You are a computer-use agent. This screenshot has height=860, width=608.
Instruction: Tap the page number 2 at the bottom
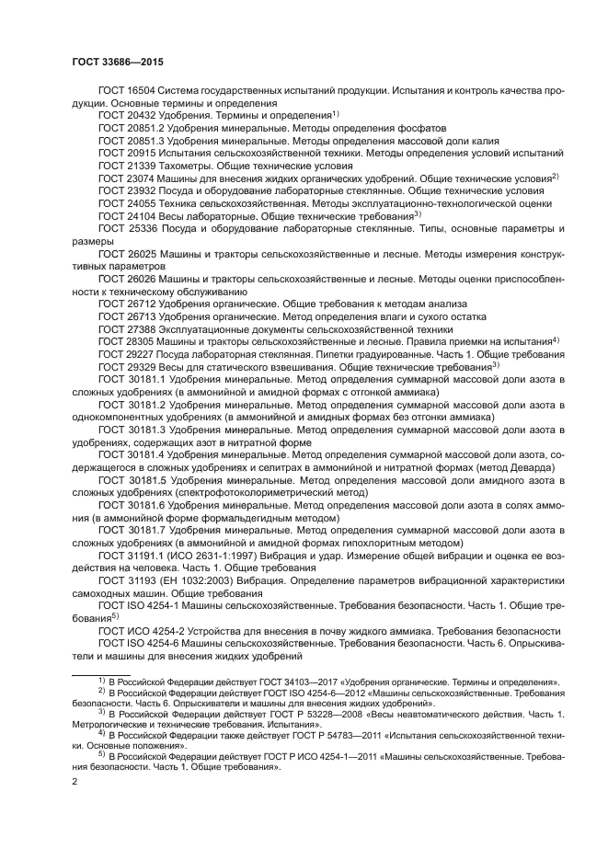click(x=75, y=782)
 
